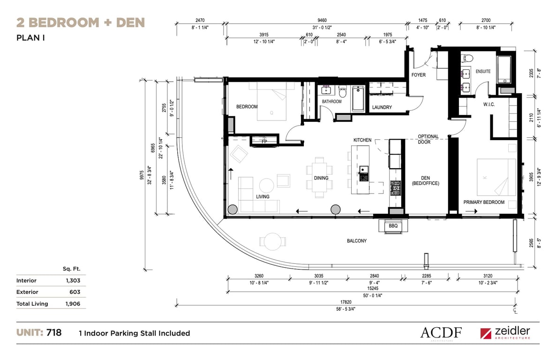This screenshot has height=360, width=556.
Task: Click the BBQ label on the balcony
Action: pos(393,226)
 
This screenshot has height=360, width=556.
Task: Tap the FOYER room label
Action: pos(419,75)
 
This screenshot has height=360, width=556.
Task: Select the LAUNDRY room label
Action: pos(382,107)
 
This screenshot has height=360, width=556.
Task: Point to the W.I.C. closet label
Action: pos(489,104)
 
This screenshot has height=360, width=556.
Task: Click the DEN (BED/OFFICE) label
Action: pos(426,180)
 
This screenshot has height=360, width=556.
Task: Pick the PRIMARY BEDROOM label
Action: pos(484,202)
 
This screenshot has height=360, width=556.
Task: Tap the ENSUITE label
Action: pos(483,71)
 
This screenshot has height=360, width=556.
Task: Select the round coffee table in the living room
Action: pos(266,186)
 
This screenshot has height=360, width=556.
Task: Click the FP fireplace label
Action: pos(264,141)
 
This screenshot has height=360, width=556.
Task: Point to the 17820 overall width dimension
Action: pos(346,302)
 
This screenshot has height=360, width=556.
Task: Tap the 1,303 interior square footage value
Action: pos(73,281)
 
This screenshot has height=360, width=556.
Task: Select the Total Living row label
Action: pos(32,304)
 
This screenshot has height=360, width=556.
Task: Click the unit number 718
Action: pos(54,333)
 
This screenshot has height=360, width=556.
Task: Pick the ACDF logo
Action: pos(441,333)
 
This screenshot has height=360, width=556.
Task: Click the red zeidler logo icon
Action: pos(486,333)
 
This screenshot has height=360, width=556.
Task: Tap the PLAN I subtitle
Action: pos(30,37)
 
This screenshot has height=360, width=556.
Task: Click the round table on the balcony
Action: pos(272,241)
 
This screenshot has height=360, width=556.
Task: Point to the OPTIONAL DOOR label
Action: pos(428,139)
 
